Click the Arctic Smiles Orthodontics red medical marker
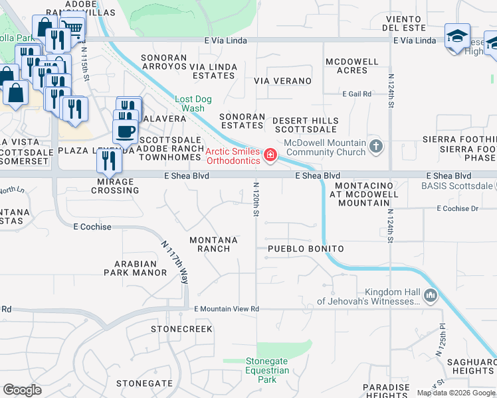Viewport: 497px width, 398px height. coord(270,155)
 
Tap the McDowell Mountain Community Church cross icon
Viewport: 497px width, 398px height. coord(376,146)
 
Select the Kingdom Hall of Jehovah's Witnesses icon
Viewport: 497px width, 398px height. coord(430,295)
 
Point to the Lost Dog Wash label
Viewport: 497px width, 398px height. coord(193,103)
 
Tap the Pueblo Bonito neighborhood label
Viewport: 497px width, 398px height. coord(306,249)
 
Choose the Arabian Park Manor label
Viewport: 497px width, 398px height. coord(136,267)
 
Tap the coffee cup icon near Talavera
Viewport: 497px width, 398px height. coord(125,130)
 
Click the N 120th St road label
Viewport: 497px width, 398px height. coord(256,200)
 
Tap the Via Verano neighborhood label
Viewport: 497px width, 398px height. coord(283,81)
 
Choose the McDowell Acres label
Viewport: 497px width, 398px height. coord(351,66)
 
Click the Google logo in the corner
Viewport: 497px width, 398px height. coord(23,390)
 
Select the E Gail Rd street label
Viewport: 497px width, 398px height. coord(357,94)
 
